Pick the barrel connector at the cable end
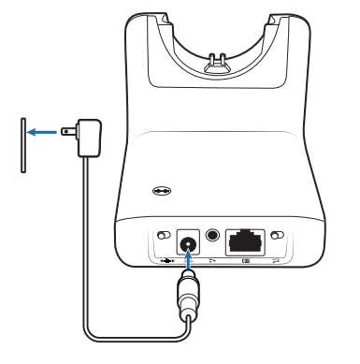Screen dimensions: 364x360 pos(190,301)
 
